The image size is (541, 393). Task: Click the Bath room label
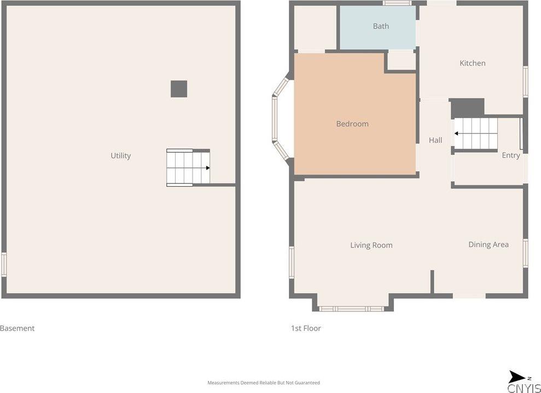[381, 26]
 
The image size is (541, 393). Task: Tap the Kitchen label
[472, 63]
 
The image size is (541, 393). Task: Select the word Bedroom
[352, 124]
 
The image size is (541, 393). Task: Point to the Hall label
[435, 140]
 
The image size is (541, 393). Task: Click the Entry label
[510, 155]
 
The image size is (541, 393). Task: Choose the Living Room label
[371, 245]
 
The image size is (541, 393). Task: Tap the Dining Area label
[488, 245]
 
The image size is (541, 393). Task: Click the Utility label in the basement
[120, 156]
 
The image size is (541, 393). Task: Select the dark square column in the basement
[179, 89]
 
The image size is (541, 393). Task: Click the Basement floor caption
[18, 328]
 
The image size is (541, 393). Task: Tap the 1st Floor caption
[306, 328]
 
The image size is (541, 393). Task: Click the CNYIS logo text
[524, 388]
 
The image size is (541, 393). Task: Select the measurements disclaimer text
[264, 383]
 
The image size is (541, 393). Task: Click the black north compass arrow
[516, 377]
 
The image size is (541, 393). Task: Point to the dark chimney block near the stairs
[468, 108]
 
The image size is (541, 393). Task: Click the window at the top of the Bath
[397, 3]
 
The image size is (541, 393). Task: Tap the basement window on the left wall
[4, 264]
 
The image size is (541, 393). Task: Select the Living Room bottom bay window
[352, 309]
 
